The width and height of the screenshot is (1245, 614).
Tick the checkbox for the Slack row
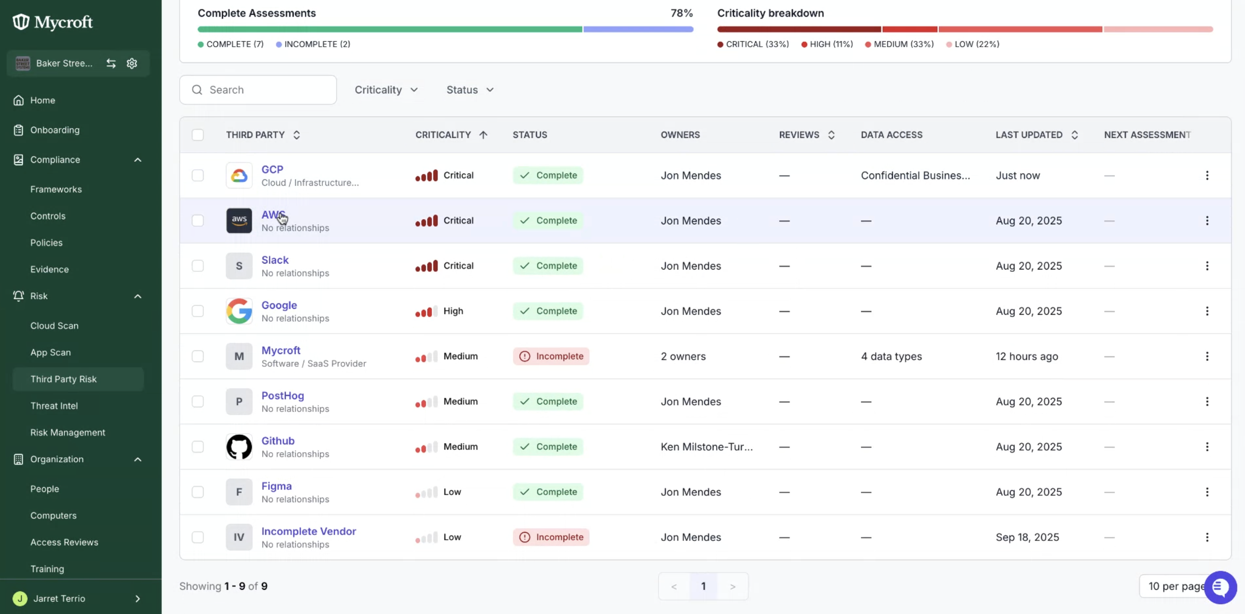pos(198,265)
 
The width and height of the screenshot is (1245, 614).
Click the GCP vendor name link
pos(272,169)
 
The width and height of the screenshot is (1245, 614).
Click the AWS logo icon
pos(239,221)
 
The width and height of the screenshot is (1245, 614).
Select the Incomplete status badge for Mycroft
pos(551,356)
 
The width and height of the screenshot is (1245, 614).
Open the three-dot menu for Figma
pos(1207,492)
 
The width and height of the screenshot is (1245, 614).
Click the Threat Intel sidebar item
pos(54,406)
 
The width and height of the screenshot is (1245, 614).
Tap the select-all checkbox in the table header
pos(198,135)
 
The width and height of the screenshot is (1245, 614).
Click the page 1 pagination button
pos(703,586)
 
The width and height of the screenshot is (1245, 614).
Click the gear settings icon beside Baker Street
pos(132,63)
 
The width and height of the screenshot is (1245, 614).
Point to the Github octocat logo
pos(239,447)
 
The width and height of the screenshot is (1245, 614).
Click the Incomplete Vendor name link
pos(309,531)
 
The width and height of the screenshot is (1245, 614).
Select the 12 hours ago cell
pos(1027,356)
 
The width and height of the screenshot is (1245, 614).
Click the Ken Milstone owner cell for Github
pos(707,447)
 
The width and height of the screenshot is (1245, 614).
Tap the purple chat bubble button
pos(1220,587)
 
